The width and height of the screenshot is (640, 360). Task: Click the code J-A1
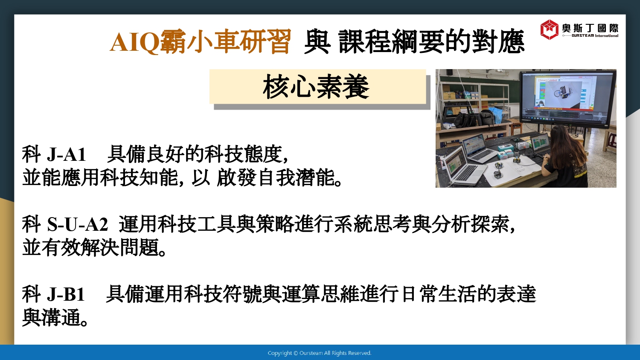click(66, 154)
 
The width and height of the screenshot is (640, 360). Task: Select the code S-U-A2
click(77, 224)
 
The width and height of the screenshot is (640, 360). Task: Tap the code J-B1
click(65, 294)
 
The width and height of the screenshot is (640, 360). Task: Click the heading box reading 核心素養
click(318, 87)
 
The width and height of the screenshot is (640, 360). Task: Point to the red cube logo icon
click(549, 29)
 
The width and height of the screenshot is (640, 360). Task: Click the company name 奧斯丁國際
click(590, 28)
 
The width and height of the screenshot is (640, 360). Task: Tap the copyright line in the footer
click(320, 353)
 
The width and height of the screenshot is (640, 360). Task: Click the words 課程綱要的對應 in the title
click(431, 42)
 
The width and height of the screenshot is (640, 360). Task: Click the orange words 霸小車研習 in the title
click(225, 42)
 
